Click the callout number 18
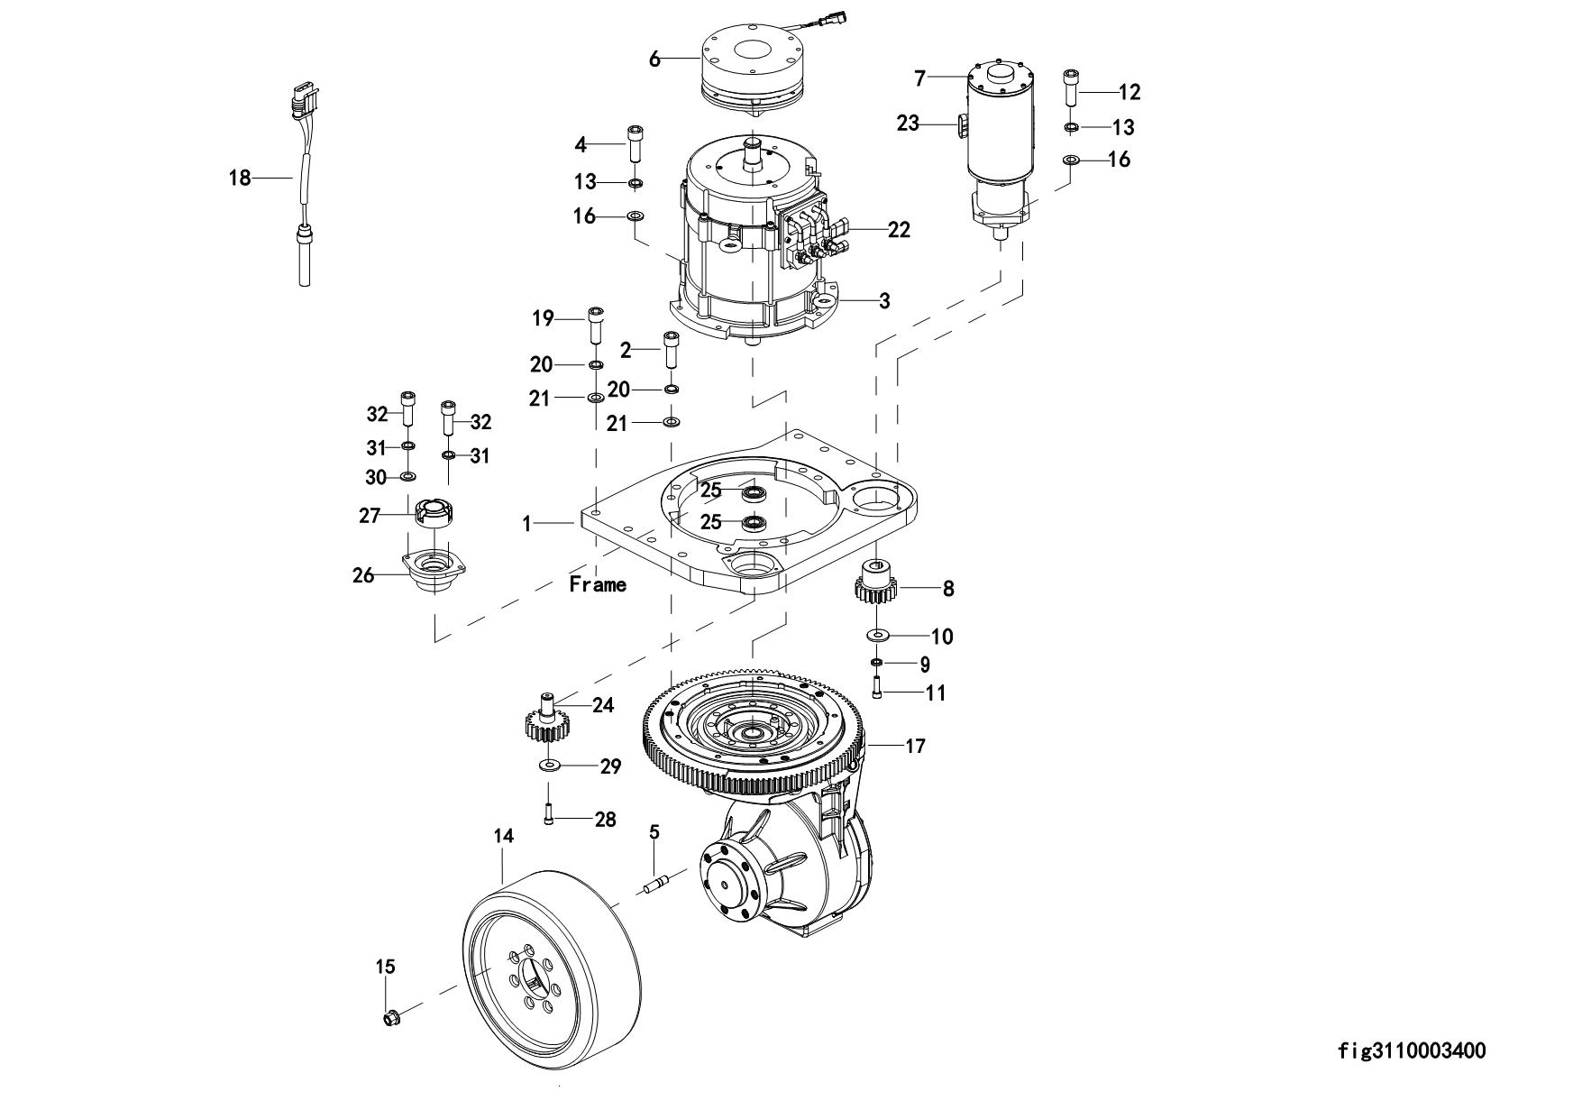coord(240,178)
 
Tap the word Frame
coord(598,584)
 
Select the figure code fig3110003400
coord(1413,1050)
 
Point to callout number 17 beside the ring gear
coord(916,746)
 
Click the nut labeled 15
coord(391,1019)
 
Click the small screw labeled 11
coord(876,691)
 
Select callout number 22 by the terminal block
coord(899,229)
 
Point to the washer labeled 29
coord(548,766)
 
